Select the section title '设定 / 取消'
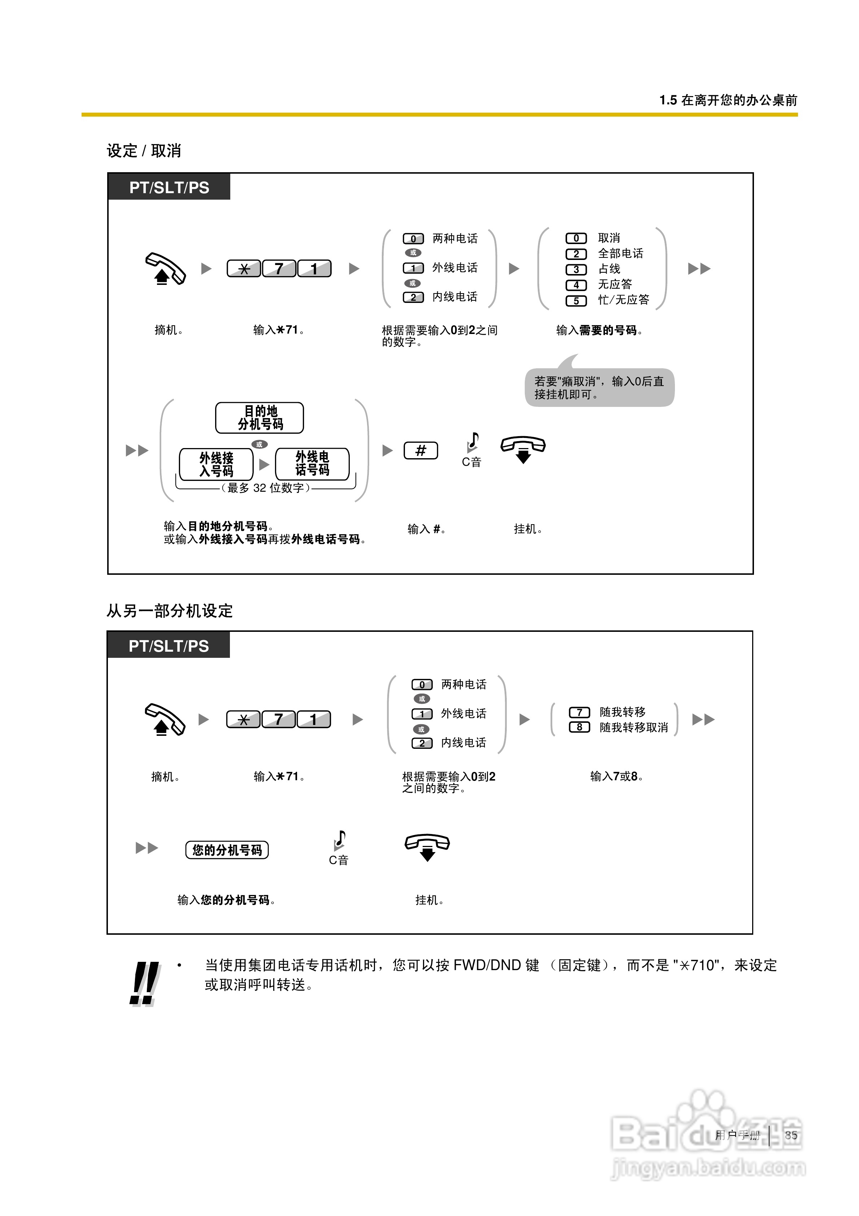tap(144, 151)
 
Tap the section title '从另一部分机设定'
tap(170, 611)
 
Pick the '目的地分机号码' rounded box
tap(260, 418)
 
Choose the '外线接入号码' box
tap(216, 464)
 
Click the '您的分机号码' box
tap(227, 850)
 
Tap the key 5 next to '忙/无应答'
tap(576, 301)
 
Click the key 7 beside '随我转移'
tap(579, 712)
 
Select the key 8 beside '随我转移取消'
tap(579, 727)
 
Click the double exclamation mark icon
tap(144, 983)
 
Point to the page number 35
tap(791, 1135)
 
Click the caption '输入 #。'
tap(426, 529)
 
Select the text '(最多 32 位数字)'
tap(265, 488)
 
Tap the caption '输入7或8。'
tap(616, 776)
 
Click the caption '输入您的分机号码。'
tap(226, 900)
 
